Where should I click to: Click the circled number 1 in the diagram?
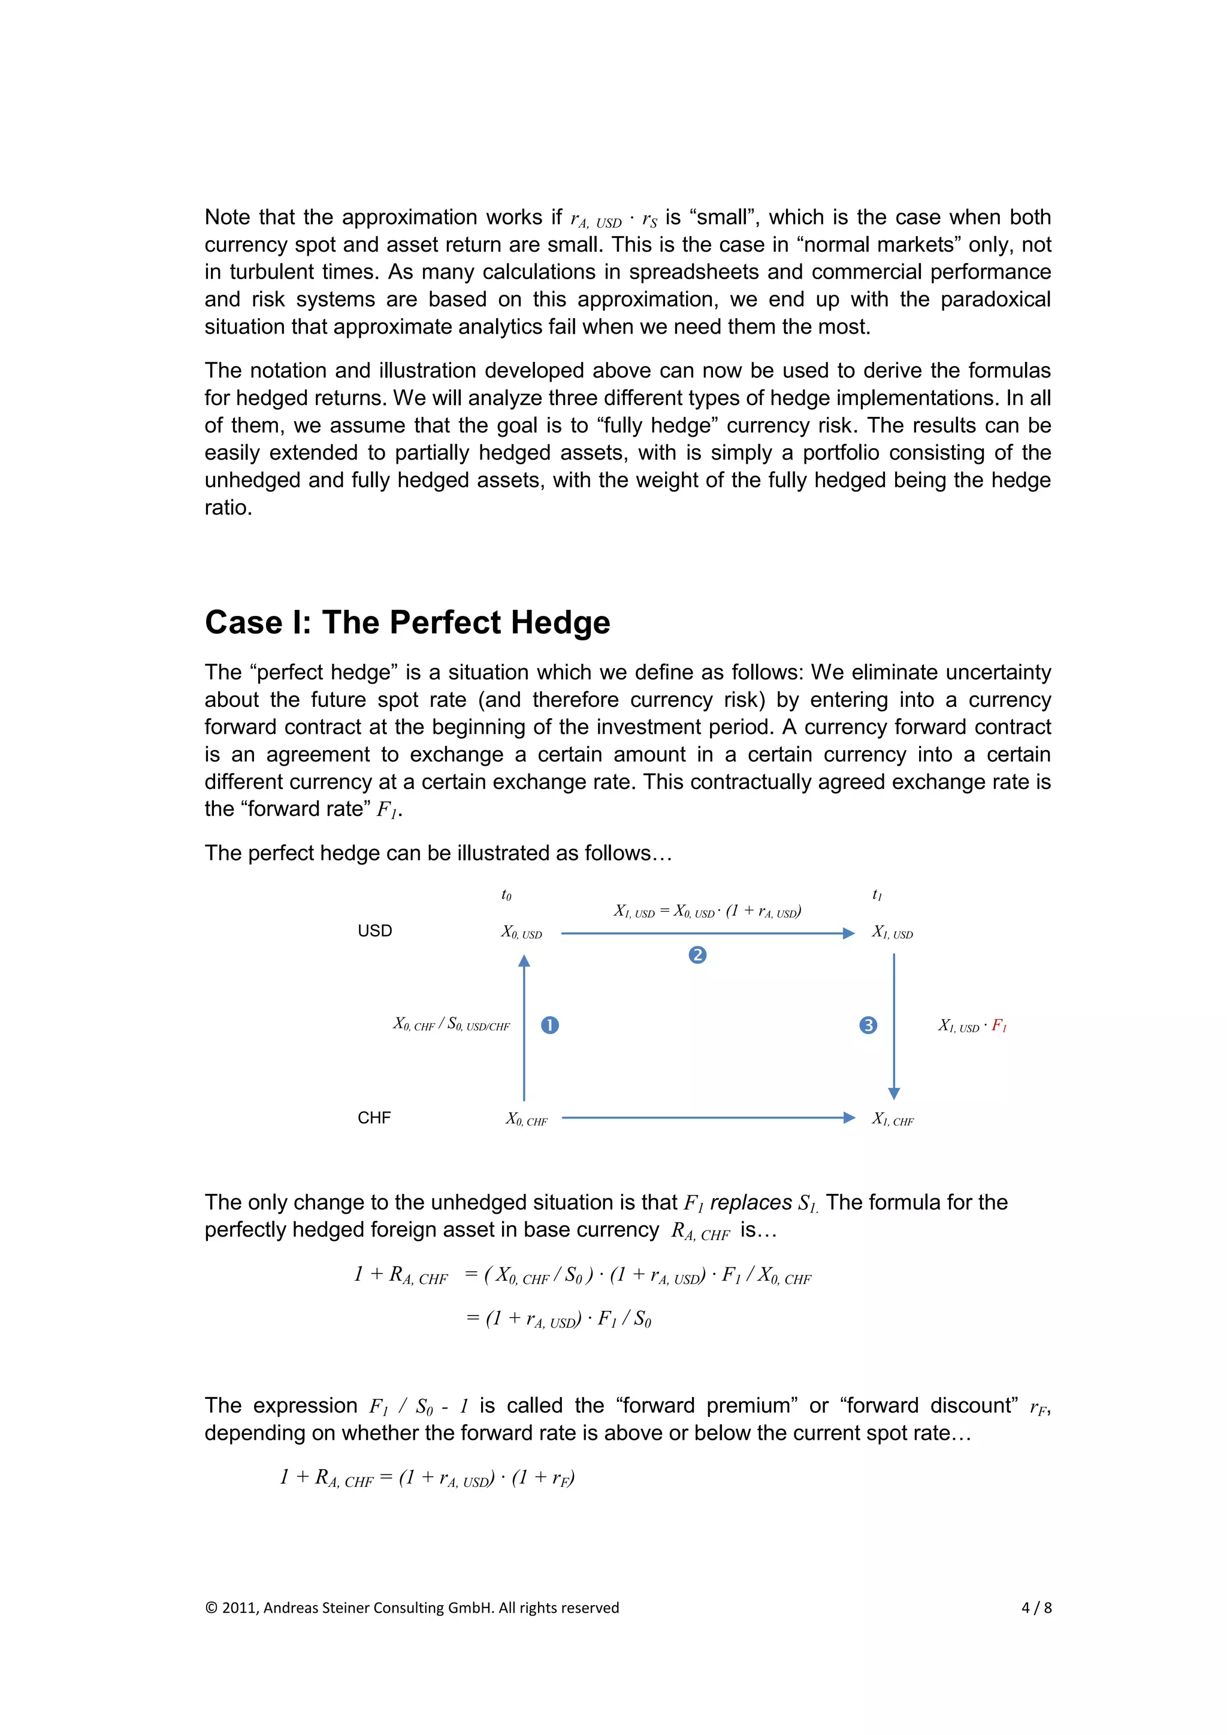click(x=550, y=1026)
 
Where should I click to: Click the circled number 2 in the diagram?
click(x=697, y=955)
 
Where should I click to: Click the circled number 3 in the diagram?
click(x=868, y=1026)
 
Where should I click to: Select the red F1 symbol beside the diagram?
click(x=999, y=1026)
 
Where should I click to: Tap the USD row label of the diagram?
click(x=374, y=931)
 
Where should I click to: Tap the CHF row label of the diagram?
click(x=374, y=1117)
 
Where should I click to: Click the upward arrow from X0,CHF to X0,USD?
click(x=524, y=1027)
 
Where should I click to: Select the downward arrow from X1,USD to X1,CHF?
click(x=894, y=1027)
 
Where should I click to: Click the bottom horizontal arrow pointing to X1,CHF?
click(x=708, y=1117)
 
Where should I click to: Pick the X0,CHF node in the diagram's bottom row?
click(x=527, y=1119)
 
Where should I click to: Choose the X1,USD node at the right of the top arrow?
click(x=892, y=932)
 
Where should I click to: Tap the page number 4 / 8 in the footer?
click(x=1036, y=1607)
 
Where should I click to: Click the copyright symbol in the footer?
click(x=211, y=1608)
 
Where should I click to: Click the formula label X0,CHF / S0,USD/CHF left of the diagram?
click(x=451, y=1024)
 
